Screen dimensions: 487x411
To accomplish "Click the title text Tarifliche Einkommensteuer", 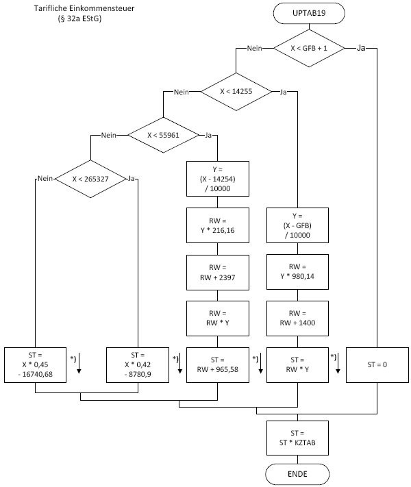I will pos(79,10).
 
